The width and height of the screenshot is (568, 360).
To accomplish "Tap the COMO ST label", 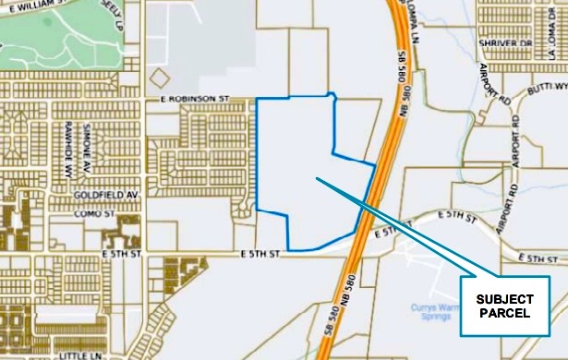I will [x=95, y=214].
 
